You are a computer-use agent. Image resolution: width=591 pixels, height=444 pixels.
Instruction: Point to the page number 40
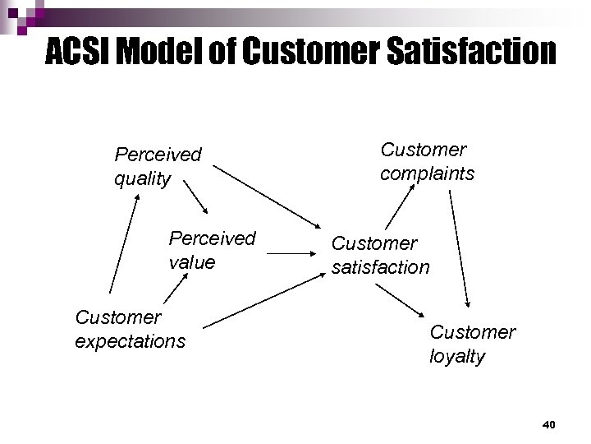pos(549,424)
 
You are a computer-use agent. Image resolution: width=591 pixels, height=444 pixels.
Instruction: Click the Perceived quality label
pos(158,166)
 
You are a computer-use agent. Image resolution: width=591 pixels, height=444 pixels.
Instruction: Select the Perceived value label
pos(212,250)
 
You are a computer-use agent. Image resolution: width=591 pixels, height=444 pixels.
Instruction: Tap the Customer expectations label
pos(130,329)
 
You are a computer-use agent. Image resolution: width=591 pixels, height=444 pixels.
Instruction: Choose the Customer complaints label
pos(427,161)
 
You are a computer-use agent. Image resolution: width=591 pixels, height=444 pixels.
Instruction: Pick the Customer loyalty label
pos(472,344)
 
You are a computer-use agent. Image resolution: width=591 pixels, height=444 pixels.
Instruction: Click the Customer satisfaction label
pos(380,255)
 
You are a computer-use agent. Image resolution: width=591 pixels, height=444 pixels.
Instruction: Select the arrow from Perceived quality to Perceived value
pos(196,197)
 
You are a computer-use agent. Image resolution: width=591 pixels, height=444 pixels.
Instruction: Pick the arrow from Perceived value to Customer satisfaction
pos(292,254)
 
